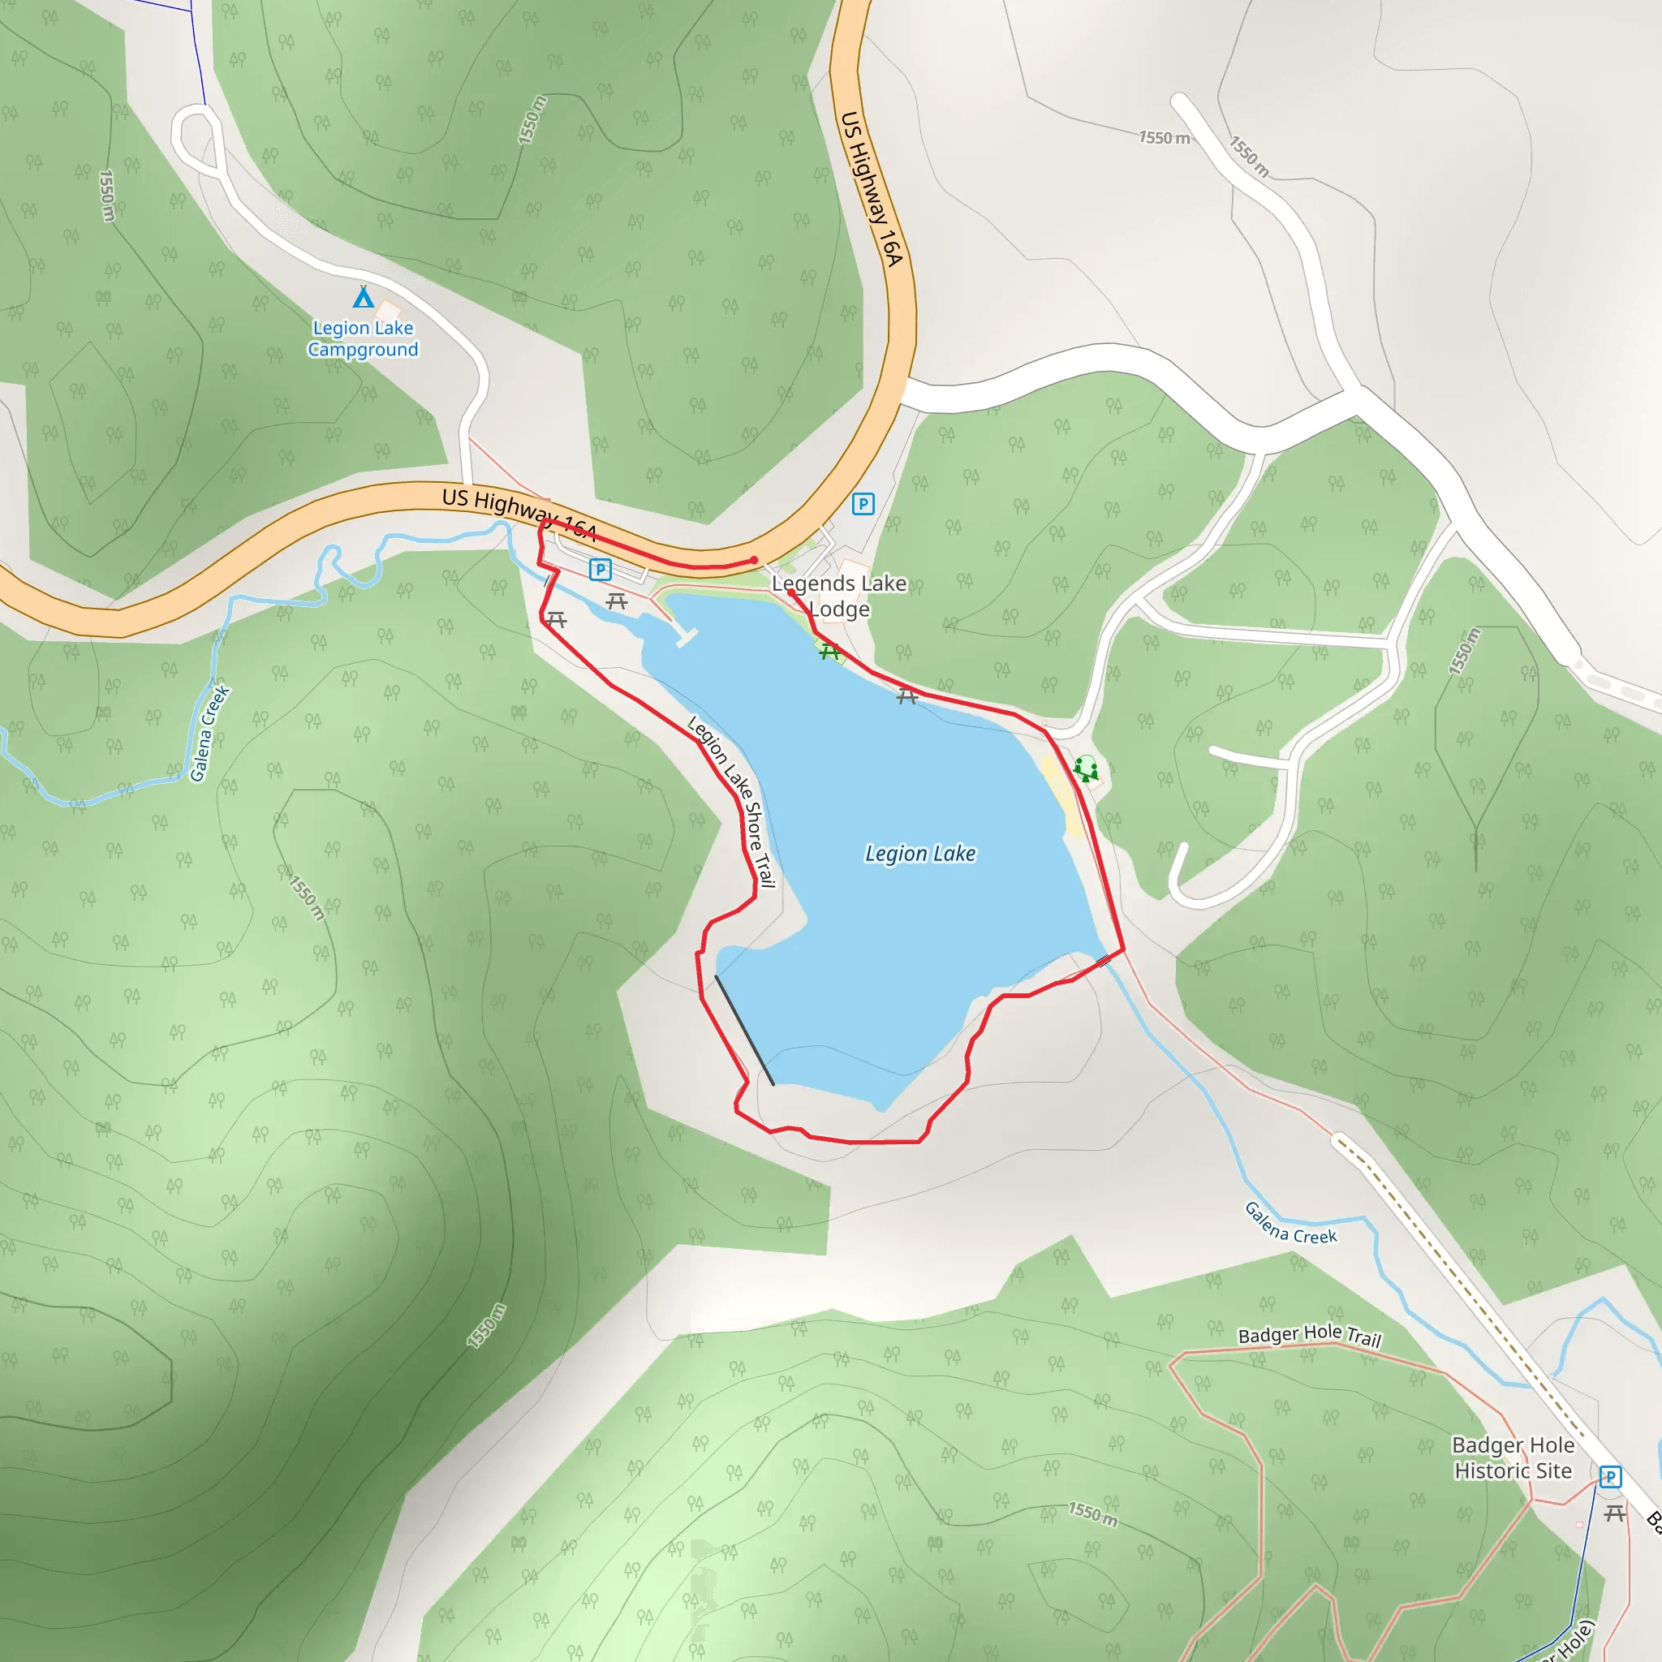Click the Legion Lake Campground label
[363, 339]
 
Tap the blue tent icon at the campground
[364, 298]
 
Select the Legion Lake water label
[919, 854]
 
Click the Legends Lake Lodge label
[839, 596]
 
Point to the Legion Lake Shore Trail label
[733, 801]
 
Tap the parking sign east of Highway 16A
[863, 504]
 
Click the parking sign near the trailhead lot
[600, 570]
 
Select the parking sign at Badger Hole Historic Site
[1610, 1477]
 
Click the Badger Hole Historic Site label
[1513, 1458]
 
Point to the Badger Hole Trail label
[1309, 1335]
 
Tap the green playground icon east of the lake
[1087, 769]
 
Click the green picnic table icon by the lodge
[829, 652]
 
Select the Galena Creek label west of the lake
[210, 734]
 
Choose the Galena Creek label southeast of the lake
[1290, 1223]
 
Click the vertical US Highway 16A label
[871, 188]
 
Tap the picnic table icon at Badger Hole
[1615, 1513]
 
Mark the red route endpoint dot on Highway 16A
[755, 560]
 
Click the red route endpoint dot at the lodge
[790, 592]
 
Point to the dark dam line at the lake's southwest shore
[744, 1030]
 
